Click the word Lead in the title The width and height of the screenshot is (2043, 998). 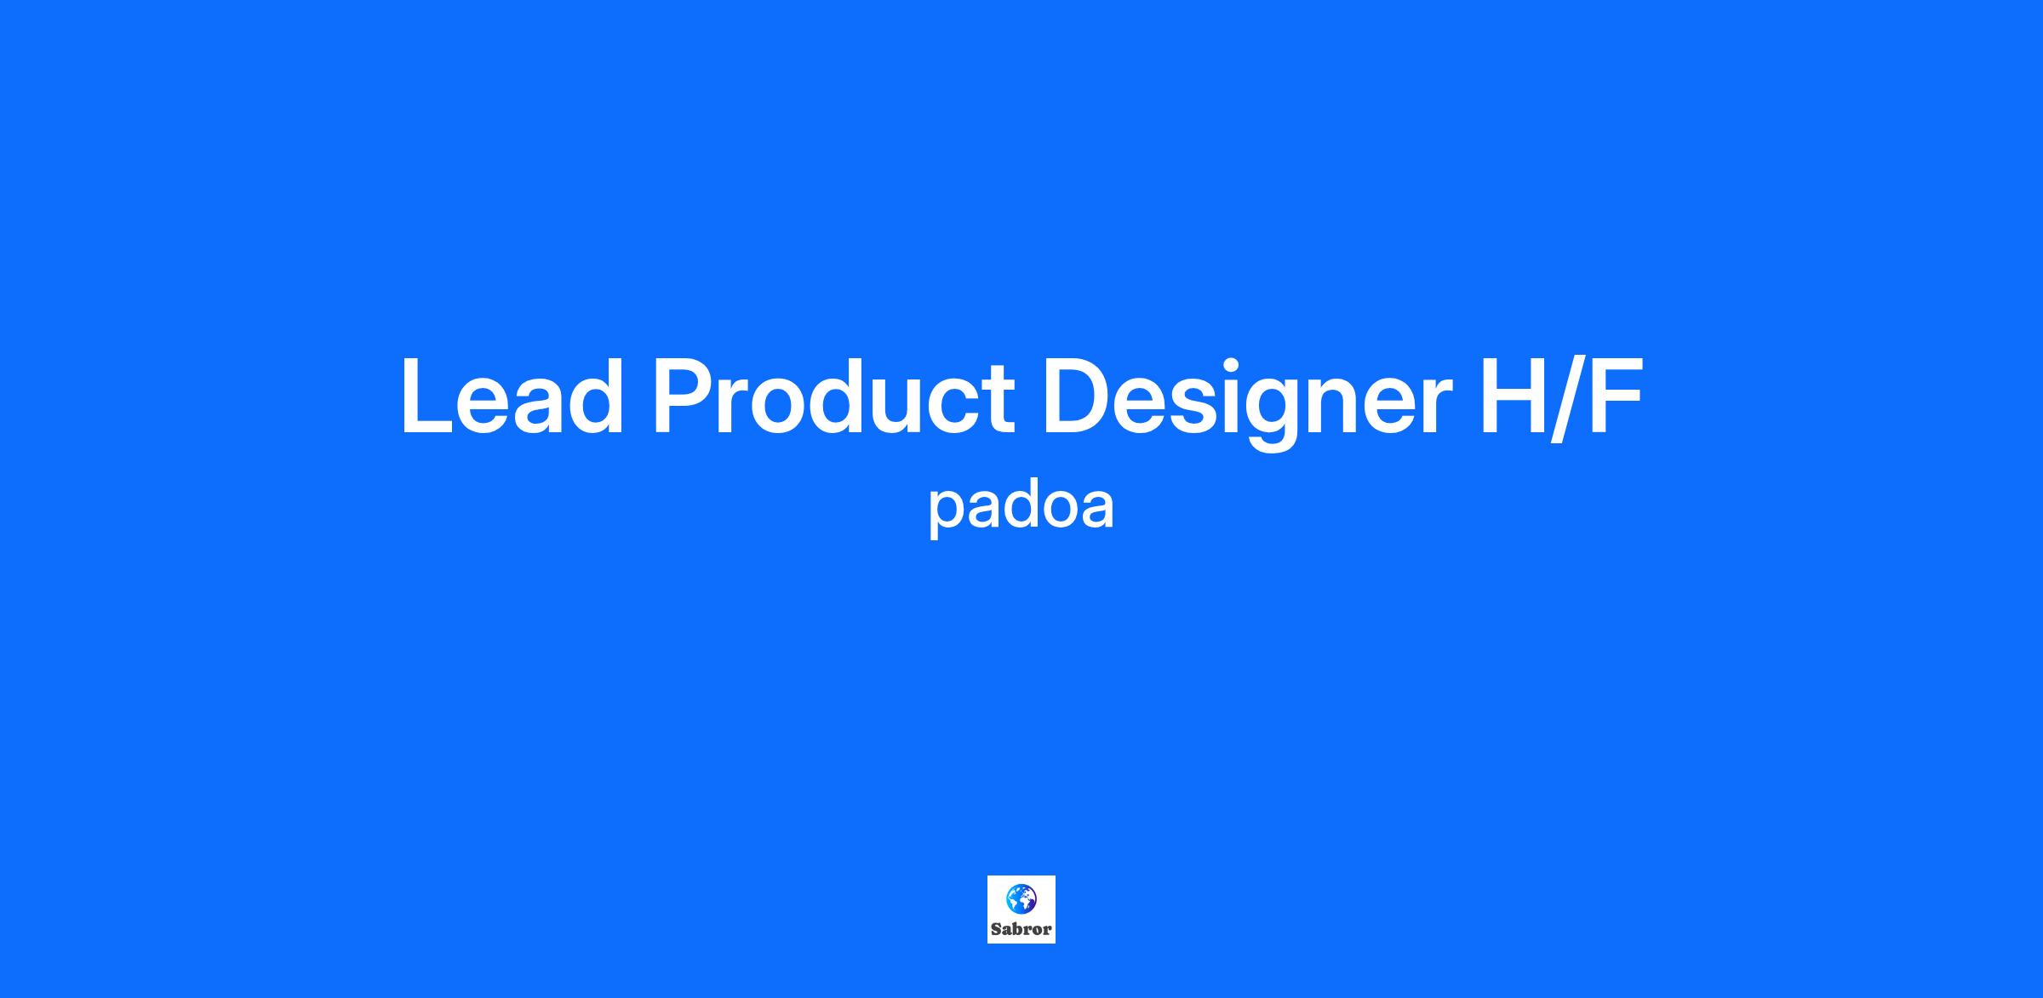[512, 396]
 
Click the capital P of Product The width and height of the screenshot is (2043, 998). [684, 396]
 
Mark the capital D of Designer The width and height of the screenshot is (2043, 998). [1077, 396]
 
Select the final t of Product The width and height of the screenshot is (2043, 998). [998, 400]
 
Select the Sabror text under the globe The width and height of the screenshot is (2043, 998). [1021, 929]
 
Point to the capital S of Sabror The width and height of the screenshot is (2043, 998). [996, 929]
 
